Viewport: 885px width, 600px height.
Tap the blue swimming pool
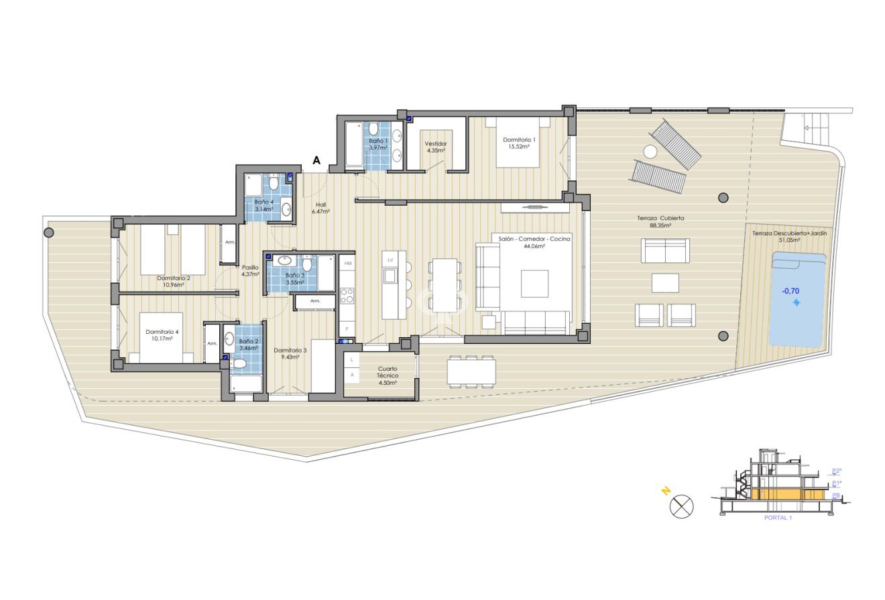click(x=796, y=298)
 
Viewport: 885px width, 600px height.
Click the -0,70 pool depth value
click(x=791, y=291)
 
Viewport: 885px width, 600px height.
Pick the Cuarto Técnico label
click(x=388, y=372)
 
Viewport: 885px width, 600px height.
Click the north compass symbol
click(x=681, y=505)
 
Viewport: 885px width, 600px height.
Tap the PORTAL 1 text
click(x=778, y=518)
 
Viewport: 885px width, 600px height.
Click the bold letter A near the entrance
click(x=316, y=161)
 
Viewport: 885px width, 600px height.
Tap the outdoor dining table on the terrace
click(x=471, y=370)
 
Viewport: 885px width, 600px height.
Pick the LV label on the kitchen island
click(x=391, y=259)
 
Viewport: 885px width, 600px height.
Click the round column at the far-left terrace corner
click(x=48, y=233)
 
